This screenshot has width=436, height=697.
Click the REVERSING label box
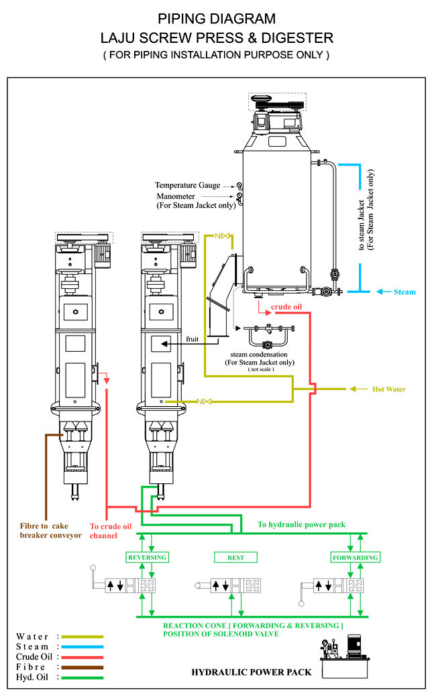147,558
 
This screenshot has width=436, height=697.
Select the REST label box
235,558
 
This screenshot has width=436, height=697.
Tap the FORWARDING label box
356,558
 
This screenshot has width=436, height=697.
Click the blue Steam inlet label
404,292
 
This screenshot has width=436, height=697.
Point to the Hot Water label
389,389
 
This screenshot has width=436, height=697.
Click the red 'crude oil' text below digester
286,308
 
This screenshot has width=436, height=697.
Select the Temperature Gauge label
194,186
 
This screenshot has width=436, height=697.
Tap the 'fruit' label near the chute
193,340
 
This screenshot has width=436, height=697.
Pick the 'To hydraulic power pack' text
302,525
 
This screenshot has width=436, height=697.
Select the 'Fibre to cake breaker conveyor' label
50,531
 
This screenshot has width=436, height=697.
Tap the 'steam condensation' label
259,355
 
